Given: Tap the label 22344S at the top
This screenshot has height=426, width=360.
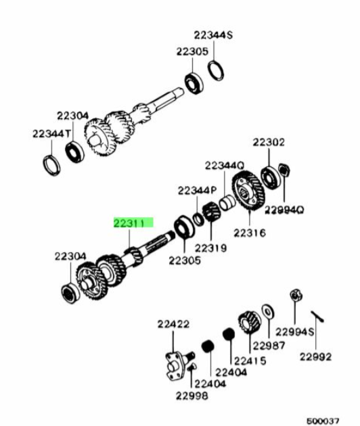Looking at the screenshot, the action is click(213, 35).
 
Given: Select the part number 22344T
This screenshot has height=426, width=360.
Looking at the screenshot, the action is click(51, 134).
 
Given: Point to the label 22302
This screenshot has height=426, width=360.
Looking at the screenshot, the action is click(269, 143).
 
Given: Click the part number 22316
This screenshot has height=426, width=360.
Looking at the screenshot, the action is click(249, 233).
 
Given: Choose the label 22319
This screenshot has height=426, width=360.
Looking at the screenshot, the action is click(210, 248).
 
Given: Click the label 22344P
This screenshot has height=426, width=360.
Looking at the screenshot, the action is click(197, 191).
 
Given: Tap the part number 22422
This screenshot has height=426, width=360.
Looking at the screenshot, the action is click(173, 324).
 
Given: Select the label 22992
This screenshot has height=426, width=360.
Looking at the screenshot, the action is click(316, 357).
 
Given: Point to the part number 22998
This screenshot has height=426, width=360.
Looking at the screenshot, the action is click(192, 396).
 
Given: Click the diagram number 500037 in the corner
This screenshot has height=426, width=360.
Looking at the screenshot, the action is click(323, 421).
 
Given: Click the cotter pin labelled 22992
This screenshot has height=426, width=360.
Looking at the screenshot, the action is click(317, 316).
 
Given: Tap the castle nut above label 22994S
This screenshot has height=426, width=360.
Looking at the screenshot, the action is click(296, 295).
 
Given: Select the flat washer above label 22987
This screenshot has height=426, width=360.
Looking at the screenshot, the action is click(268, 312).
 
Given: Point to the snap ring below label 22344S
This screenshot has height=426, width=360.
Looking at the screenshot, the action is click(216, 70).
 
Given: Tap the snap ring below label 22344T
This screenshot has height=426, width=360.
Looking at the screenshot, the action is click(51, 165).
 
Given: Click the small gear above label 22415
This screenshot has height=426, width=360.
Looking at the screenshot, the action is click(249, 323).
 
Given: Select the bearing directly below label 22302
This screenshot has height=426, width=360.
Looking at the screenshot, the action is click(270, 178).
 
